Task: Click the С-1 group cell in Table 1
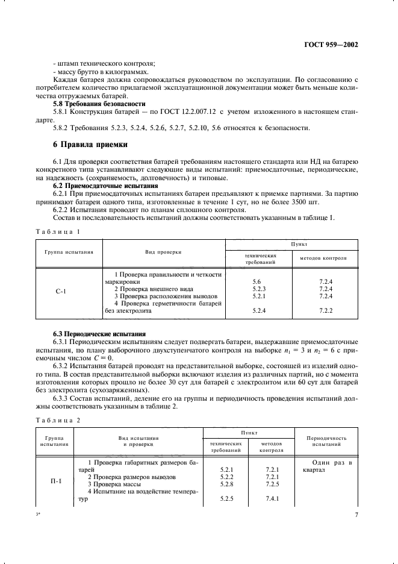61,292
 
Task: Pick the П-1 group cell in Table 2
56,481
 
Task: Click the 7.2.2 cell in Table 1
326,310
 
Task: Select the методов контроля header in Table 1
326,257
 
